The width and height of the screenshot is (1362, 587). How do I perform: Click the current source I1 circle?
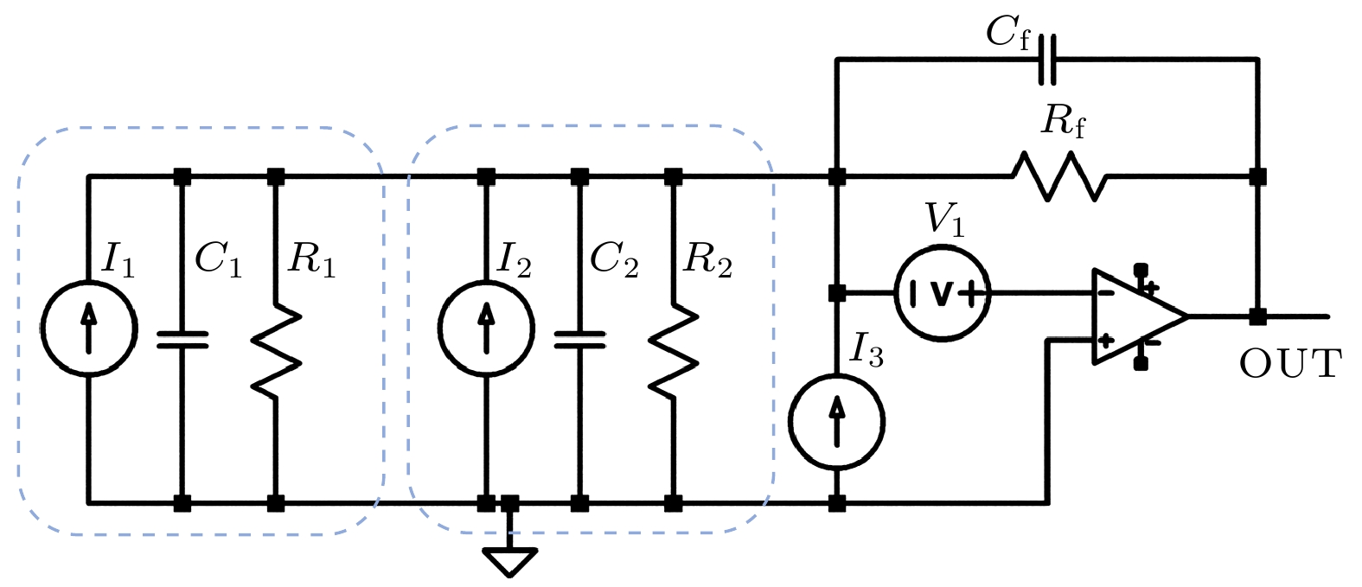(88, 329)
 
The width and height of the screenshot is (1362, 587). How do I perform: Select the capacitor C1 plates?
(182, 339)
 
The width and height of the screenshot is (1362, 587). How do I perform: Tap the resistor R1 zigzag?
(276, 351)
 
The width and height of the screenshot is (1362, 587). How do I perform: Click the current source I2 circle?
(486, 329)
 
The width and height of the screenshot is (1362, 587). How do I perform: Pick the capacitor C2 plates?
(579, 339)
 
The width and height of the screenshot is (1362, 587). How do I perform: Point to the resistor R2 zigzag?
(673, 351)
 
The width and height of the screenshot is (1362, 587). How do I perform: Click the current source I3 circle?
(836, 422)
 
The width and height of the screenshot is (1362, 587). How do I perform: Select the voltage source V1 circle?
(942, 294)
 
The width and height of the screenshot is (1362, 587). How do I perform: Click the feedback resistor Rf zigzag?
(1059, 176)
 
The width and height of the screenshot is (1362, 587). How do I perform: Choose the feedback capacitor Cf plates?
(1047, 59)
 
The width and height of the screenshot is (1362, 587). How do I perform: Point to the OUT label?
(1289, 364)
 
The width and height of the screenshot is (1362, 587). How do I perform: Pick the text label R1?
(310, 258)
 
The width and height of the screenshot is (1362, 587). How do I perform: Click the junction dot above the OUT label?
(1258, 316)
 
